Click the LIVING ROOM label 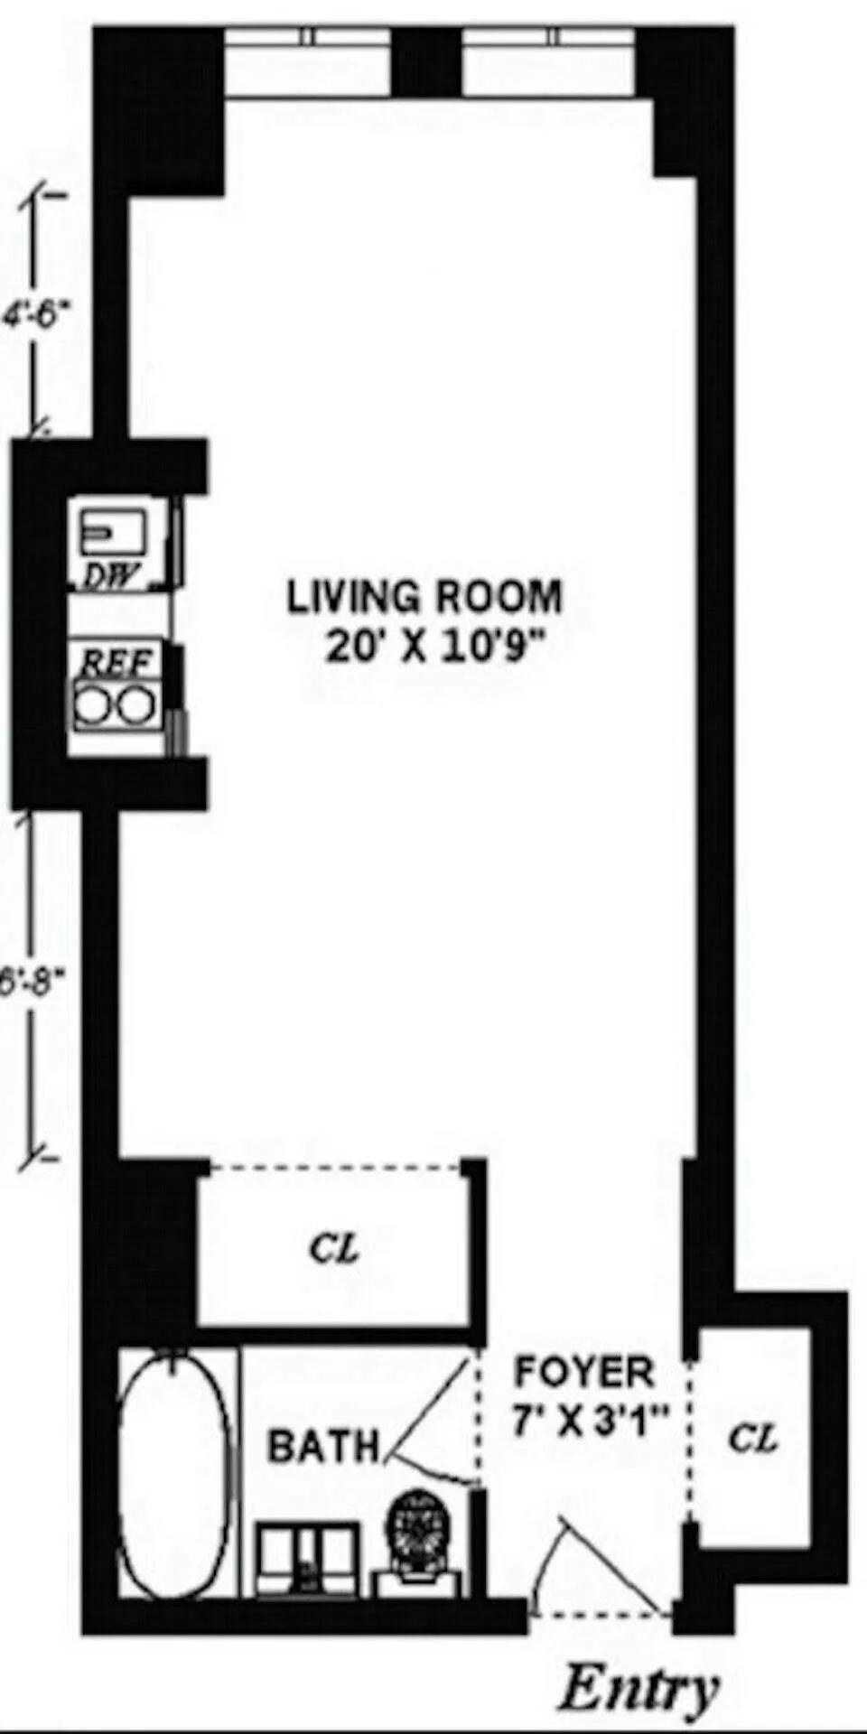pyautogui.click(x=424, y=597)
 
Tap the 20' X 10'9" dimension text pyautogui.click(x=437, y=647)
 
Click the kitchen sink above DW pyautogui.click(x=113, y=532)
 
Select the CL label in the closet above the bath pyautogui.click(x=333, y=1249)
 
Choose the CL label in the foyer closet pyautogui.click(x=752, y=1438)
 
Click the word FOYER pyautogui.click(x=583, y=1372)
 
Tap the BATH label pyautogui.click(x=323, y=1447)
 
